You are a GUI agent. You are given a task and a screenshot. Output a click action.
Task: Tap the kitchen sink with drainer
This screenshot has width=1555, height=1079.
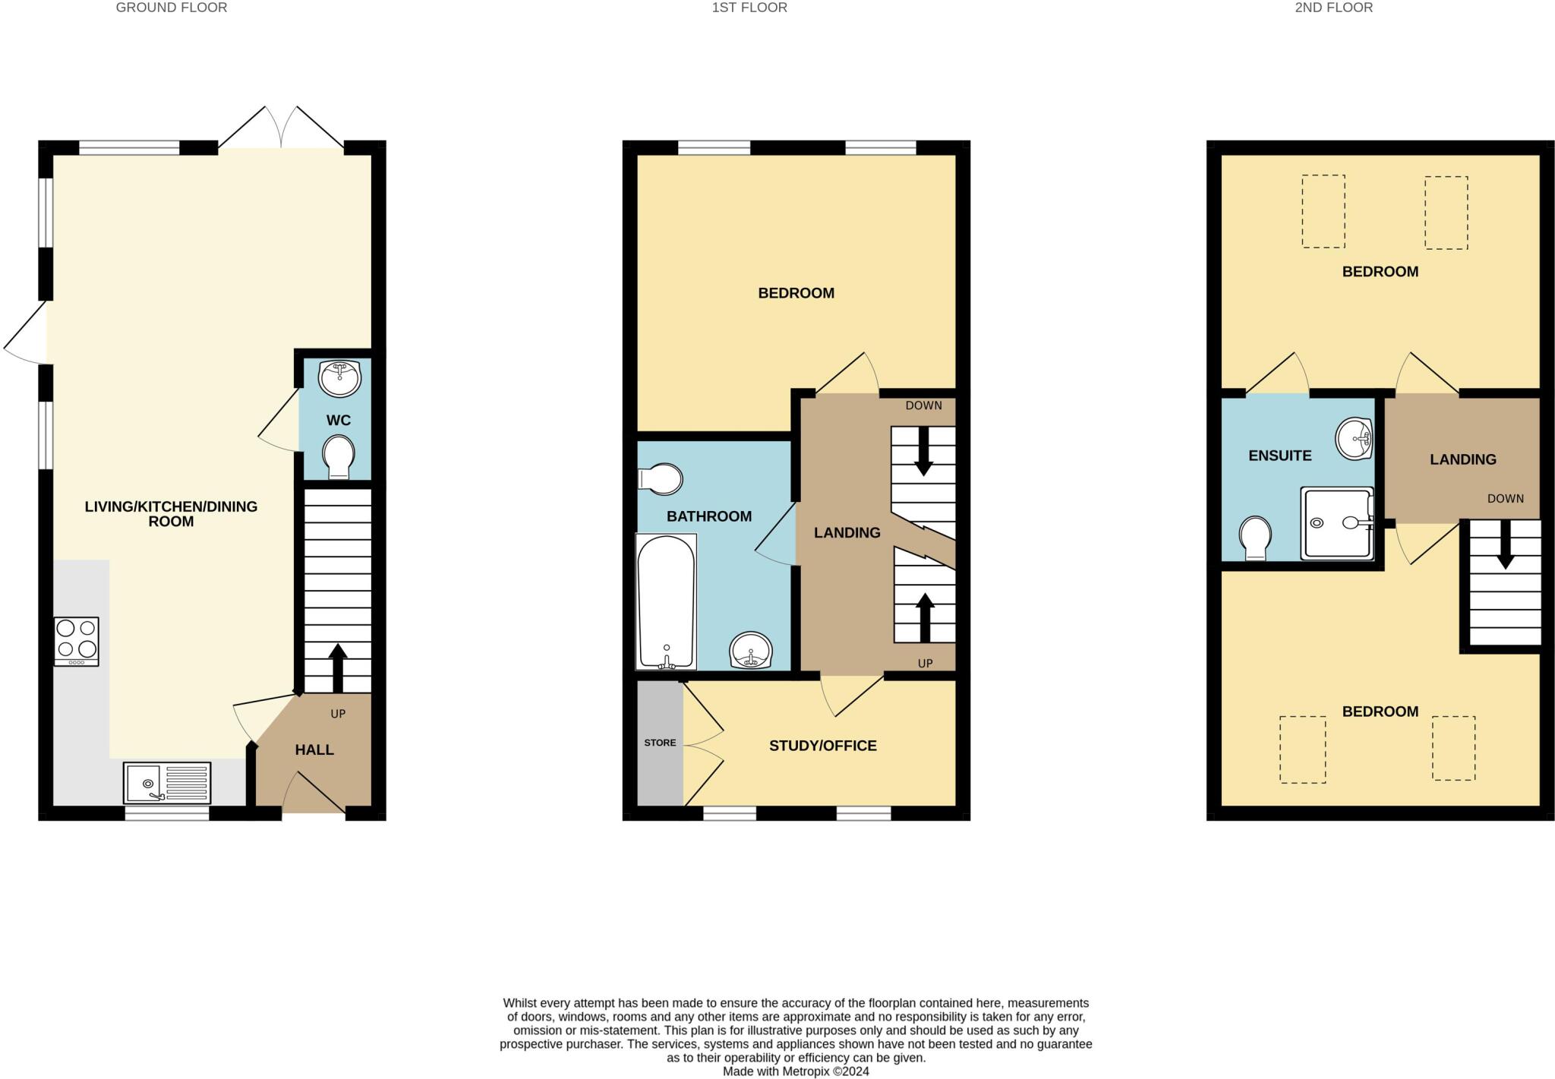[167, 783]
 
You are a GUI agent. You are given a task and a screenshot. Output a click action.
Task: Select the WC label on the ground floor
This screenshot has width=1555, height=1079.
[338, 421]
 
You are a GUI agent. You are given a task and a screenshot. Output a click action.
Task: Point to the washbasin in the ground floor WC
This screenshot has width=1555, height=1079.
[339, 377]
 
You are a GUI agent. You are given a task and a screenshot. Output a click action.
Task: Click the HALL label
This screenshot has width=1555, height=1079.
[314, 750]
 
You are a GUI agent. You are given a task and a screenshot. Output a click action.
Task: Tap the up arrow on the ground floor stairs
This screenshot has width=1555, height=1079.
[338, 667]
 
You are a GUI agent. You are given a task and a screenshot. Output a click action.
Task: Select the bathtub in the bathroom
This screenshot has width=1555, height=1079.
[666, 602]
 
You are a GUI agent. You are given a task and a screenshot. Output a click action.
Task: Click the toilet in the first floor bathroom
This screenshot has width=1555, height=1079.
[661, 479]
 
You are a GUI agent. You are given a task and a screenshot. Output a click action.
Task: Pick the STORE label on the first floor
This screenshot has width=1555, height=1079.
[660, 743]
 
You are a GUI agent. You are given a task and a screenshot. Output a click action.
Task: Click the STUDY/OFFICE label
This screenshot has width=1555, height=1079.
[822, 746]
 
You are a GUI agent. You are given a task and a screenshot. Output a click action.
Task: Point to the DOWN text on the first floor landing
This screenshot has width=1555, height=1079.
[923, 405]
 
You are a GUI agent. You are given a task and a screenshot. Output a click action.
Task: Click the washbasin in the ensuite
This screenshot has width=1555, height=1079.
[1355, 438]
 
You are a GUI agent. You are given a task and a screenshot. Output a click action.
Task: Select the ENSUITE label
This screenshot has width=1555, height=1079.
[1279, 456]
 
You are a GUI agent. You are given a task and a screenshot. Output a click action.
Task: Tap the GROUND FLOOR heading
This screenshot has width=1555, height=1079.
[171, 8]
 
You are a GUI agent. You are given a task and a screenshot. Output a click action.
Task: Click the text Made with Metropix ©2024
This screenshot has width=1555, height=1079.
[795, 1071]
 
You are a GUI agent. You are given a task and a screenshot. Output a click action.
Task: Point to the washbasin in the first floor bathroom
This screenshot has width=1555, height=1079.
[751, 651]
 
